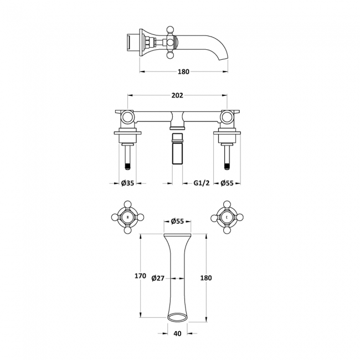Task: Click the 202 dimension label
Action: pos(177,95)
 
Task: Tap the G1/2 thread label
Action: pos(202,183)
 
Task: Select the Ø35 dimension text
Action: pos(127,183)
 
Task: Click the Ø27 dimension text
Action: pos(158,278)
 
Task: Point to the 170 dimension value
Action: pos(140,276)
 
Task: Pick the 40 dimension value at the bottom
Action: pos(177,333)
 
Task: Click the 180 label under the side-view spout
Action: pos(183,72)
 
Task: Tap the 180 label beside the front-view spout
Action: pos(206,278)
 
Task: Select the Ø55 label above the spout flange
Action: pos(177,221)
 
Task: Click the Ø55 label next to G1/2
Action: pos(227,183)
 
